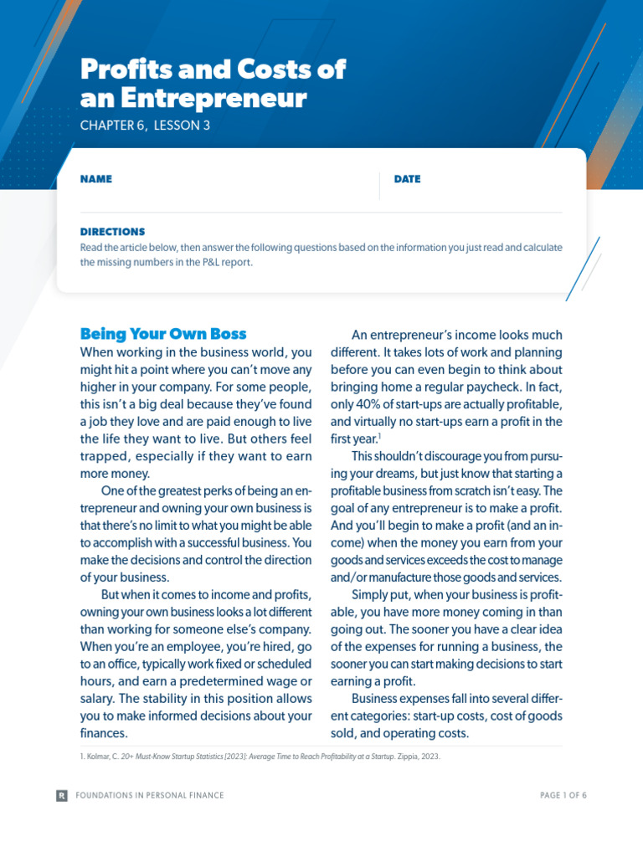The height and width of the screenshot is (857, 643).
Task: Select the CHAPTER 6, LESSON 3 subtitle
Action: pos(145,126)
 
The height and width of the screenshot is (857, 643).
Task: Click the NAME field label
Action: pos(95,179)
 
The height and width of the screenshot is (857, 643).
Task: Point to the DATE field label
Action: pos(407,179)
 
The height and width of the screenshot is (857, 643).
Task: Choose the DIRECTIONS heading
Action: pos(112,232)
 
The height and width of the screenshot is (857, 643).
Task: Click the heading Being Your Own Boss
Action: pos(163,334)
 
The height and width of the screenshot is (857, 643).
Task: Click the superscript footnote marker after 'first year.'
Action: pos(380,435)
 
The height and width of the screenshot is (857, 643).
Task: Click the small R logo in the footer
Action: pos(62,795)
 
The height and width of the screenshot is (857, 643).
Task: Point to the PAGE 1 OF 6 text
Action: pos(563,795)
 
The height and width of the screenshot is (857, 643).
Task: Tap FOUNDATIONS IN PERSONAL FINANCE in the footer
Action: pos(150,795)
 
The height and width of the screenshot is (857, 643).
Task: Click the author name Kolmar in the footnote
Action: pos(101,757)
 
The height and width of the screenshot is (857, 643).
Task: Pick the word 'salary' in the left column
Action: pos(100,699)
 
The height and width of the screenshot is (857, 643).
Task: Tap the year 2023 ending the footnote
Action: pos(426,757)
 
